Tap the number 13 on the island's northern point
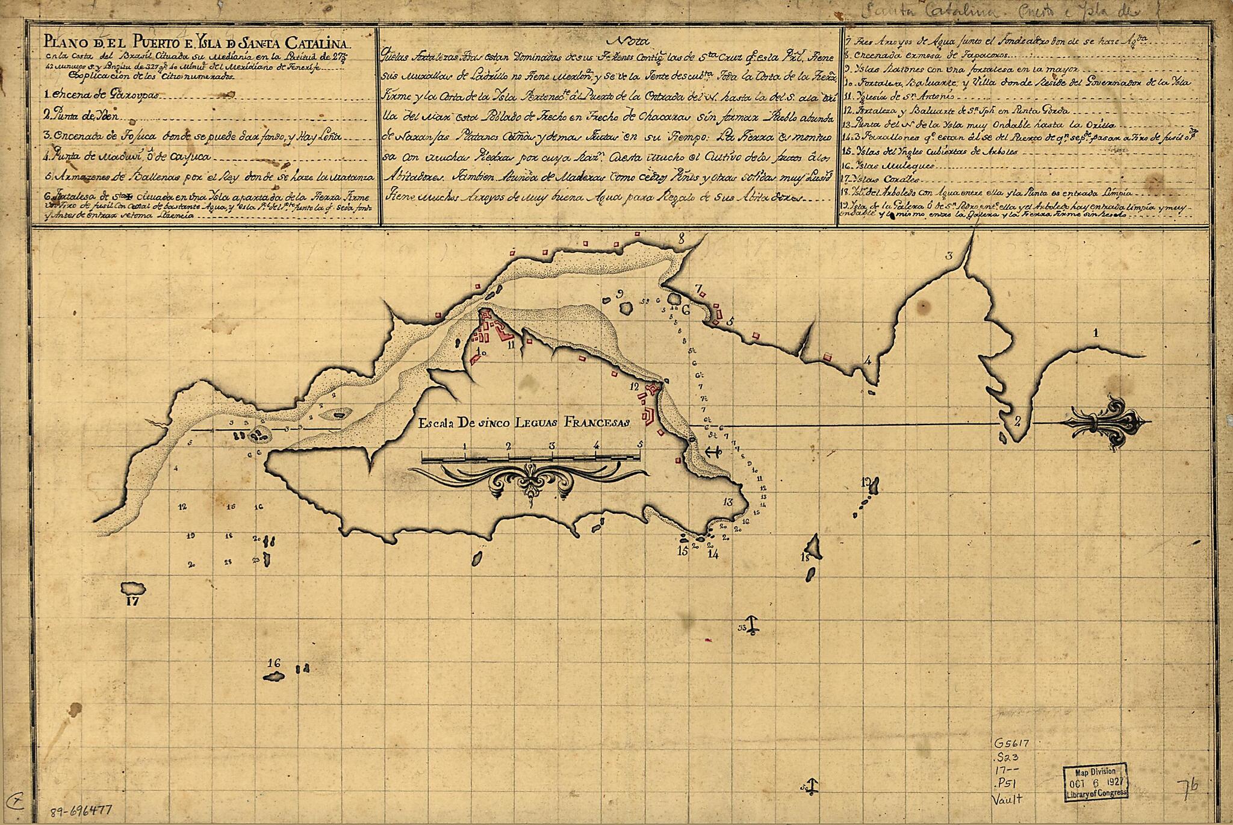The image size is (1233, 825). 729,502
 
